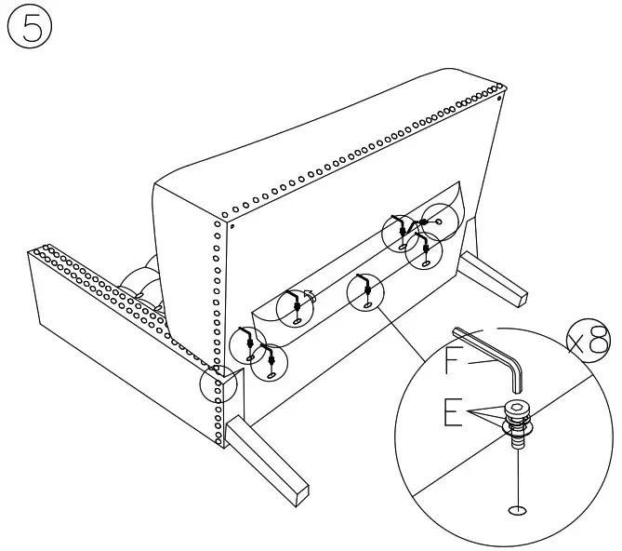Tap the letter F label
[x=453, y=360]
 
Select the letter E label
[x=453, y=411]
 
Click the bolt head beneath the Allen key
[x=517, y=410]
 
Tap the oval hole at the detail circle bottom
[x=516, y=510]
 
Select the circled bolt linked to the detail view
[x=365, y=291]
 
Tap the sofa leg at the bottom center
[x=267, y=463]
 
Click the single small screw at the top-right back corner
[x=499, y=96]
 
